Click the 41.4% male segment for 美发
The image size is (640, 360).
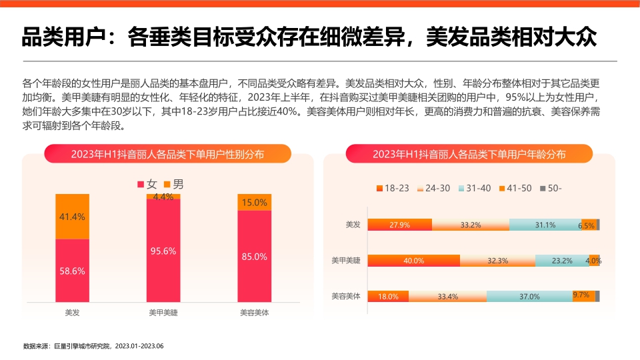click(x=72, y=216)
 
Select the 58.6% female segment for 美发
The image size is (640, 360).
click(x=72, y=270)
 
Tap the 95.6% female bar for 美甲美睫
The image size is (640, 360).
click(x=163, y=251)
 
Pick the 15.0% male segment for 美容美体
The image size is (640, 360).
click(x=255, y=202)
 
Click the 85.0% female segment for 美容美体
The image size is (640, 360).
click(x=255, y=256)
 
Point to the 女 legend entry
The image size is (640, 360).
click(x=147, y=184)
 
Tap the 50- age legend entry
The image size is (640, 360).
click(x=551, y=188)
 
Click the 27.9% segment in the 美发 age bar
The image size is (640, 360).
click(x=400, y=225)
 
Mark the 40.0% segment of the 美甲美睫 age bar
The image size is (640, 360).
click(x=414, y=261)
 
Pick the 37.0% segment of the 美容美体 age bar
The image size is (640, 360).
click(x=529, y=297)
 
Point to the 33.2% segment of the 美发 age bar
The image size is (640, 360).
click(x=471, y=225)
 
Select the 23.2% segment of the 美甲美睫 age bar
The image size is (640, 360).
click(x=561, y=261)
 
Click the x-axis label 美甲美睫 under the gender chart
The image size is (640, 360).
click(x=163, y=311)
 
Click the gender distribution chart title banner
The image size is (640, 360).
click(x=167, y=154)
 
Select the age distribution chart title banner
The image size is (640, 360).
click(x=469, y=154)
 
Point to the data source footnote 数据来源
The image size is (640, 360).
click(x=93, y=346)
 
